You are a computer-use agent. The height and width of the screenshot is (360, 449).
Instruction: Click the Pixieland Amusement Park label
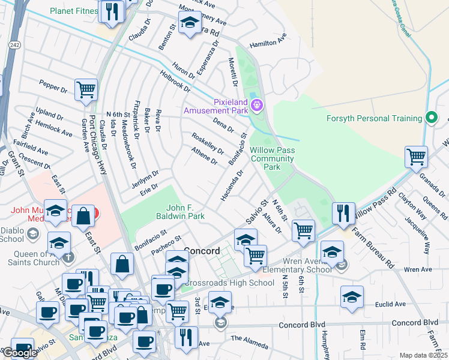click(x=215, y=106)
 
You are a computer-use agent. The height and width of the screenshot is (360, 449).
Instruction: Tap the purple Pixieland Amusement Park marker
click(x=257, y=106)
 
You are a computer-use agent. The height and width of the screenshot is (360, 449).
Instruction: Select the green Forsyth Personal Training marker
click(x=430, y=118)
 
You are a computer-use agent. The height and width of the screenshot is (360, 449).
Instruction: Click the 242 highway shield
click(x=15, y=45)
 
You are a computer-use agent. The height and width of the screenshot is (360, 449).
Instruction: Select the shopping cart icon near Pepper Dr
click(x=86, y=90)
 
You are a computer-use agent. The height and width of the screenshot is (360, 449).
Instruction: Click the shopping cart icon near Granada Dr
click(x=416, y=157)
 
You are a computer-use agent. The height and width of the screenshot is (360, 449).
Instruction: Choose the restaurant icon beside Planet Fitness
click(x=112, y=11)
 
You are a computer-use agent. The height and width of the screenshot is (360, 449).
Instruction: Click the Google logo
click(x=20, y=352)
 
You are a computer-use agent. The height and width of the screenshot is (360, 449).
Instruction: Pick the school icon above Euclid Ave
click(x=352, y=296)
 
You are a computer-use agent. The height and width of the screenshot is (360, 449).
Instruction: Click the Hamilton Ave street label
click(x=268, y=43)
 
